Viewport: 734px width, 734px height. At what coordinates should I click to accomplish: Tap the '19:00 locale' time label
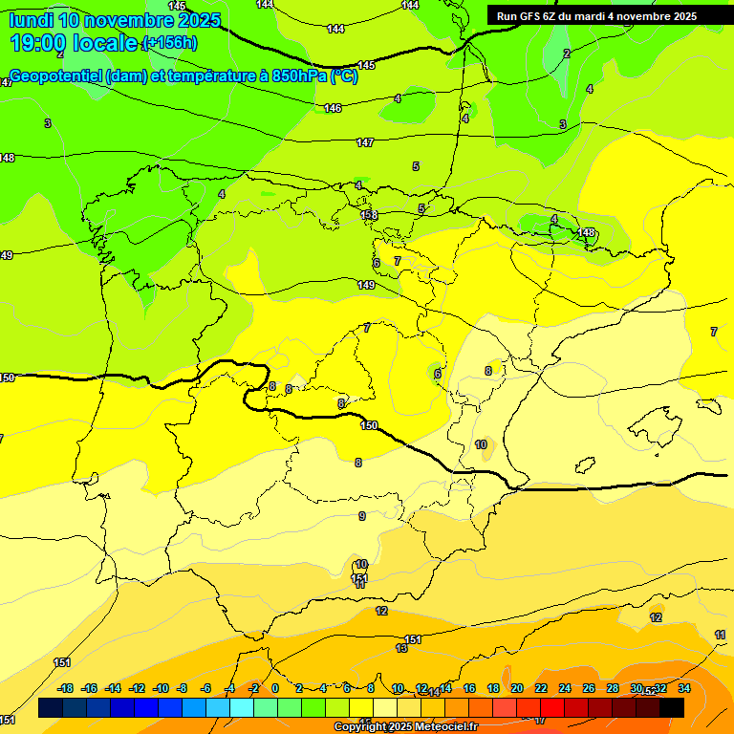(x=74, y=43)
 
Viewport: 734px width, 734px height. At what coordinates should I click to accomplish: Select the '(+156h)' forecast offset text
(x=169, y=43)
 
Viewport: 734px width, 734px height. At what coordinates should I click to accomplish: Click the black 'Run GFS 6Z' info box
(x=596, y=16)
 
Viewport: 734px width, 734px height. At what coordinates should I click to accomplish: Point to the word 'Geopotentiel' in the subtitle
(x=58, y=76)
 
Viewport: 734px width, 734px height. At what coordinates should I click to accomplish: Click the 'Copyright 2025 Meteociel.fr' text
(x=405, y=727)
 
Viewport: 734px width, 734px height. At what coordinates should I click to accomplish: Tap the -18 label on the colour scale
(x=66, y=688)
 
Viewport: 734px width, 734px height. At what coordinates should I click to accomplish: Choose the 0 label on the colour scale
(x=275, y=688)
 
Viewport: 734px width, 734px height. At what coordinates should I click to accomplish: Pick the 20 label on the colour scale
(x=517, y=688)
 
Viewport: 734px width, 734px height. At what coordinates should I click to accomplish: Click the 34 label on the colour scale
(x=684, y=688)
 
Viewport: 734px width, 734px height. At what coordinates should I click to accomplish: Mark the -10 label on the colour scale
(x=161, y=688)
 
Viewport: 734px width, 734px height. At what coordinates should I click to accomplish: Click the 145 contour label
(x=366, y=65)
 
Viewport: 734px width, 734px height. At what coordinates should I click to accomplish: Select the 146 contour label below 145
(x=333, y=108)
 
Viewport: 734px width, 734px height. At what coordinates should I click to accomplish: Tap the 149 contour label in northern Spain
(x=366, y=285)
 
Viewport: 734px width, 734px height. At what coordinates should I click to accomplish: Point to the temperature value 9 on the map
(x=361, y=516)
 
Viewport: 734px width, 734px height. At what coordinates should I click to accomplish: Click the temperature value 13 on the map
(x=401, y=648)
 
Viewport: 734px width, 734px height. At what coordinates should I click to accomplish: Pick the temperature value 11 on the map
(x=720, y=635)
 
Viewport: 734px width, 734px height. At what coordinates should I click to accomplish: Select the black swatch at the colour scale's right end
(x=672, y=707)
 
